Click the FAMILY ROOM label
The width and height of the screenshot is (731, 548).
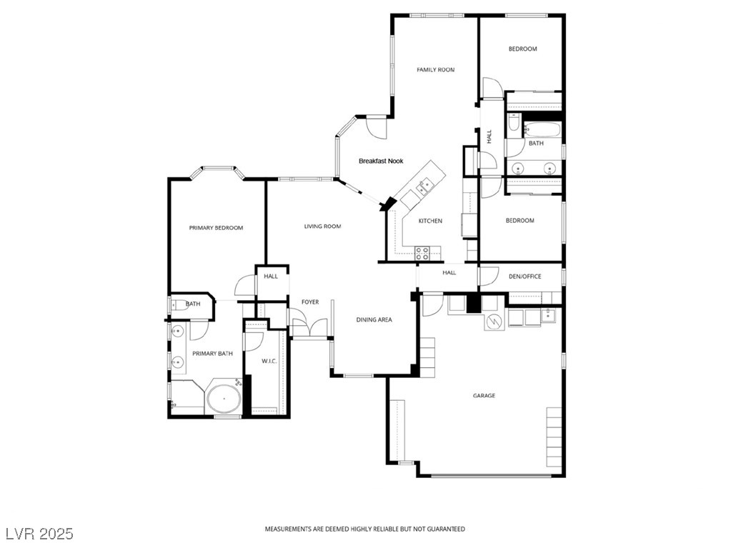click(436, 70)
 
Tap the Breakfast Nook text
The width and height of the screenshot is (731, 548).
click(381, 161)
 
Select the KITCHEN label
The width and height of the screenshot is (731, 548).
click(430, 221)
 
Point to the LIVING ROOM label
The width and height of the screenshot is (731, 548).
click(322, 226)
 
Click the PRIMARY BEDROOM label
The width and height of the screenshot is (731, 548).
click(216, 228)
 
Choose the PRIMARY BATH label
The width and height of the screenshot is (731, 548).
click(215, 354)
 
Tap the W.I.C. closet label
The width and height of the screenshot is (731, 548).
click(269, 362)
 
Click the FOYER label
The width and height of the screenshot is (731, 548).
click(309, 302)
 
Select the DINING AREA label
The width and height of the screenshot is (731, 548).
click(374, 320)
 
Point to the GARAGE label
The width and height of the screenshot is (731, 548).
click(484, 396)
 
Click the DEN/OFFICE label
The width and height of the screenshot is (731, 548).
click(524, 277)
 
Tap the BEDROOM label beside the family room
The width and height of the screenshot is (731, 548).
click(522, 49)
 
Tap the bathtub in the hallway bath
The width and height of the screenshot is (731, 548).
click(542, 130)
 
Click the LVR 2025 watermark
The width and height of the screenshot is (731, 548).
click(39, 534)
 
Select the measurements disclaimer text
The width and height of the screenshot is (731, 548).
click(365, 529)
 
